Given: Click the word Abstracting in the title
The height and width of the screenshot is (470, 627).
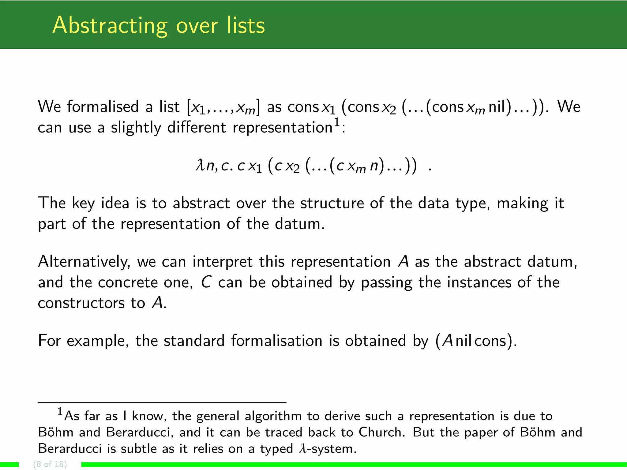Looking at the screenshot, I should click(x=110, y=26).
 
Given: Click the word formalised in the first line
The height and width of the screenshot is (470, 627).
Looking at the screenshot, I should click(x=103, y=107).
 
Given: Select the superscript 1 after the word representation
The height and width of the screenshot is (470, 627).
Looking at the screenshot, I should click(x=336, y=122).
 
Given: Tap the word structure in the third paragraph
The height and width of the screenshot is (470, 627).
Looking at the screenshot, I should click(x=332, y=203).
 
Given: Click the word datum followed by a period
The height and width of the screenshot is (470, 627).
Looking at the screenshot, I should click(x=299, y=224).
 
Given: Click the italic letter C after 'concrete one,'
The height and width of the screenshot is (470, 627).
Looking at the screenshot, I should click(x=206, y=282).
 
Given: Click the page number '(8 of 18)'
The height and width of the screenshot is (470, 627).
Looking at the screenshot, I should click(x=50, y=464).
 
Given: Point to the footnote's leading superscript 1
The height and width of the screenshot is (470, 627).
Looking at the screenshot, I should click(x=60, y=412).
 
